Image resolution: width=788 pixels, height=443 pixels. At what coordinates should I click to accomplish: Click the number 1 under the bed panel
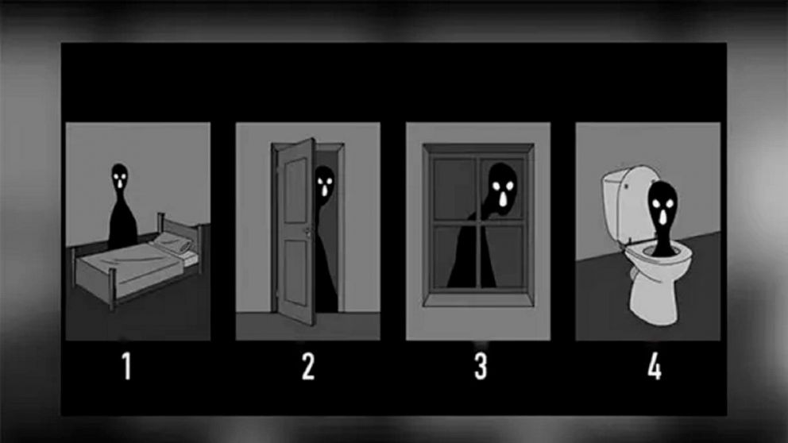(127, 368)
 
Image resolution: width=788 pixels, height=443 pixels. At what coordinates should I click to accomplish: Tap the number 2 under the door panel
(308, 368)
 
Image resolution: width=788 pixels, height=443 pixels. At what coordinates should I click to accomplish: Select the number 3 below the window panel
(480, 368)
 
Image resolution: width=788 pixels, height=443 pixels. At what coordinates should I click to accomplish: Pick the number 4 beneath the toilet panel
(654, 368)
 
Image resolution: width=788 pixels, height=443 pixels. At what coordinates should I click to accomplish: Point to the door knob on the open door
(304, 232)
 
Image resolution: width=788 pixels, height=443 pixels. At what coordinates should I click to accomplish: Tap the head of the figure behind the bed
(119, 178)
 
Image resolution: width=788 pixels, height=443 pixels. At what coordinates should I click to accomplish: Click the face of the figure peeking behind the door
(324, 186)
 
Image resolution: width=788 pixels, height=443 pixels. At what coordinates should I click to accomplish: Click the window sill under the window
(477, 299)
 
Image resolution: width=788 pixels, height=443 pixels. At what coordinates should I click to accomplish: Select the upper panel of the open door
(294, 184)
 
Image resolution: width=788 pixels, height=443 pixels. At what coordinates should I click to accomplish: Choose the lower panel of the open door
(295, 274)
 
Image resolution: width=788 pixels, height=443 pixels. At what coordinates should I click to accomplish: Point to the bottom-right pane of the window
(504, 256)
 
